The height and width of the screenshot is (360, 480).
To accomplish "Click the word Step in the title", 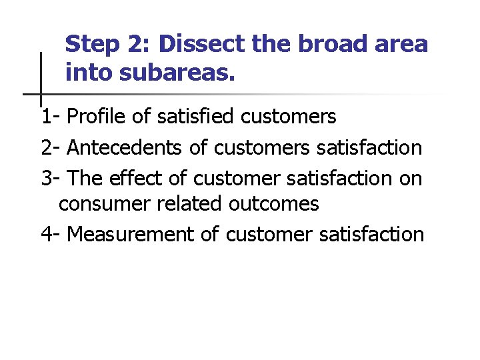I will click(92, 45).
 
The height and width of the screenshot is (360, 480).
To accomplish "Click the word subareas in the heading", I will click(178, 72).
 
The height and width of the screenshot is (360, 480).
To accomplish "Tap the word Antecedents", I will click(127, 147).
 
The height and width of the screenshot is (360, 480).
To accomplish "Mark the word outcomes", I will click(273, 204).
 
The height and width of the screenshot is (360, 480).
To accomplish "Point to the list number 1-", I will click(51, 117).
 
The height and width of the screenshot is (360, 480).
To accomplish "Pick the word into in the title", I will click(89, 72).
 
